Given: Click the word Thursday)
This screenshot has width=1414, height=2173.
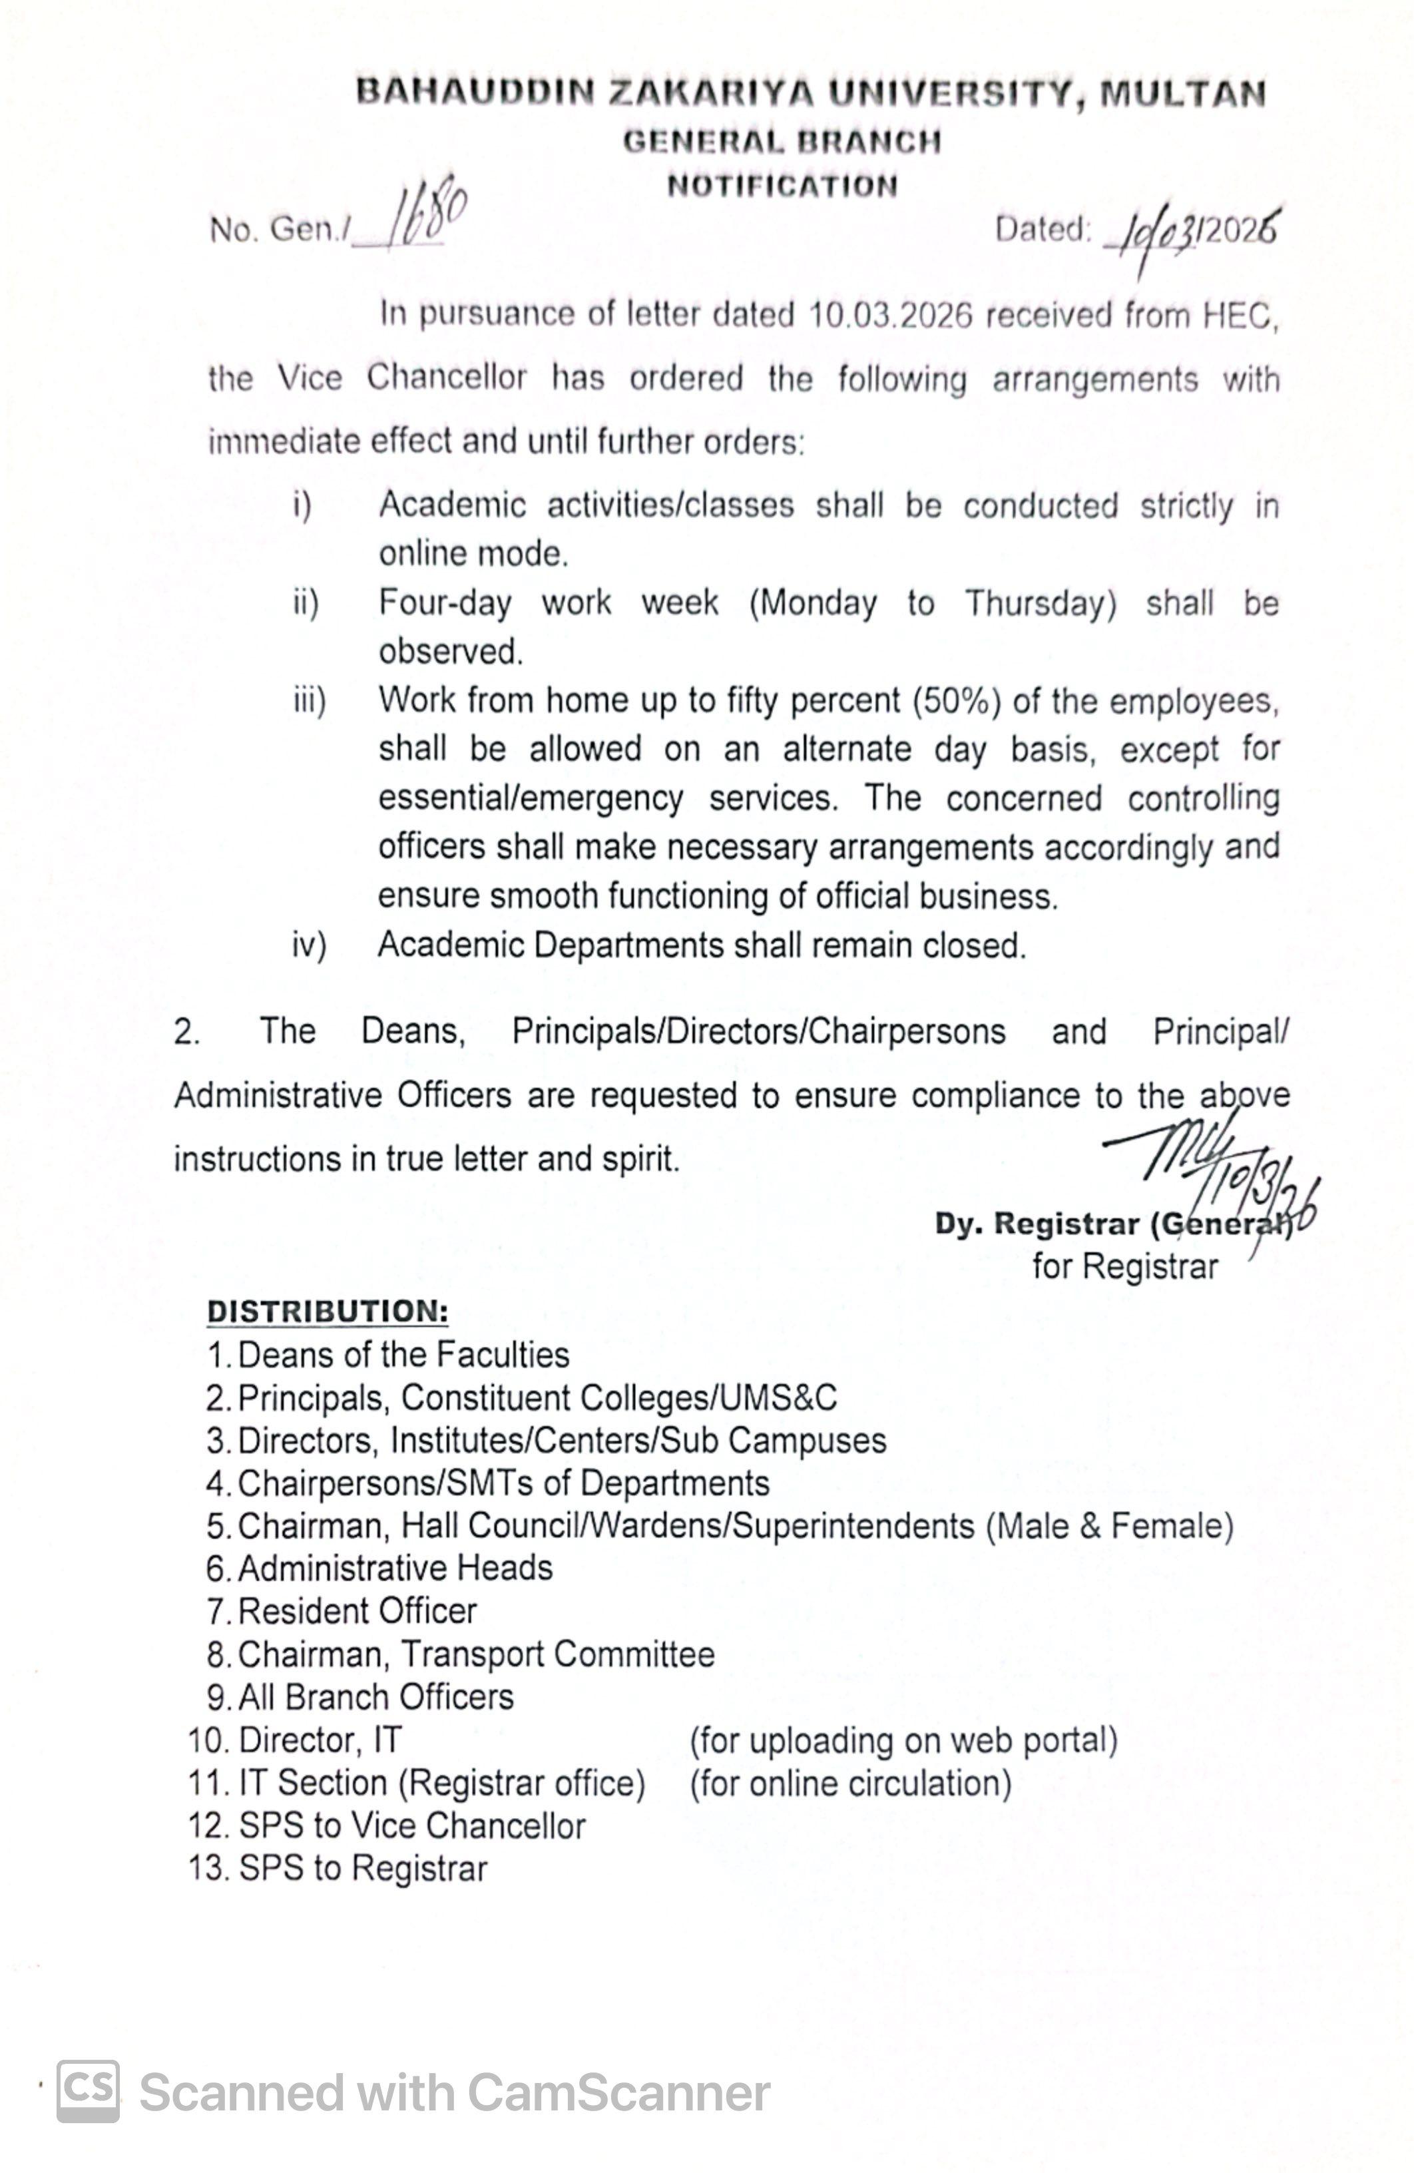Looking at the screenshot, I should click(1041, 604).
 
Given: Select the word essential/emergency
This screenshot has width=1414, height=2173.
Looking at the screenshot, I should click(531, 798).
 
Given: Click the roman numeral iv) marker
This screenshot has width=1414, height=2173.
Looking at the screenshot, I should click(308, 945).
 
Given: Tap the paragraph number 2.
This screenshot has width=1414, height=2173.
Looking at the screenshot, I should click(186, 1032).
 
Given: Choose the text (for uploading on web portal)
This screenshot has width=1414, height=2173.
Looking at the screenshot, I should click(903, 1740).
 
